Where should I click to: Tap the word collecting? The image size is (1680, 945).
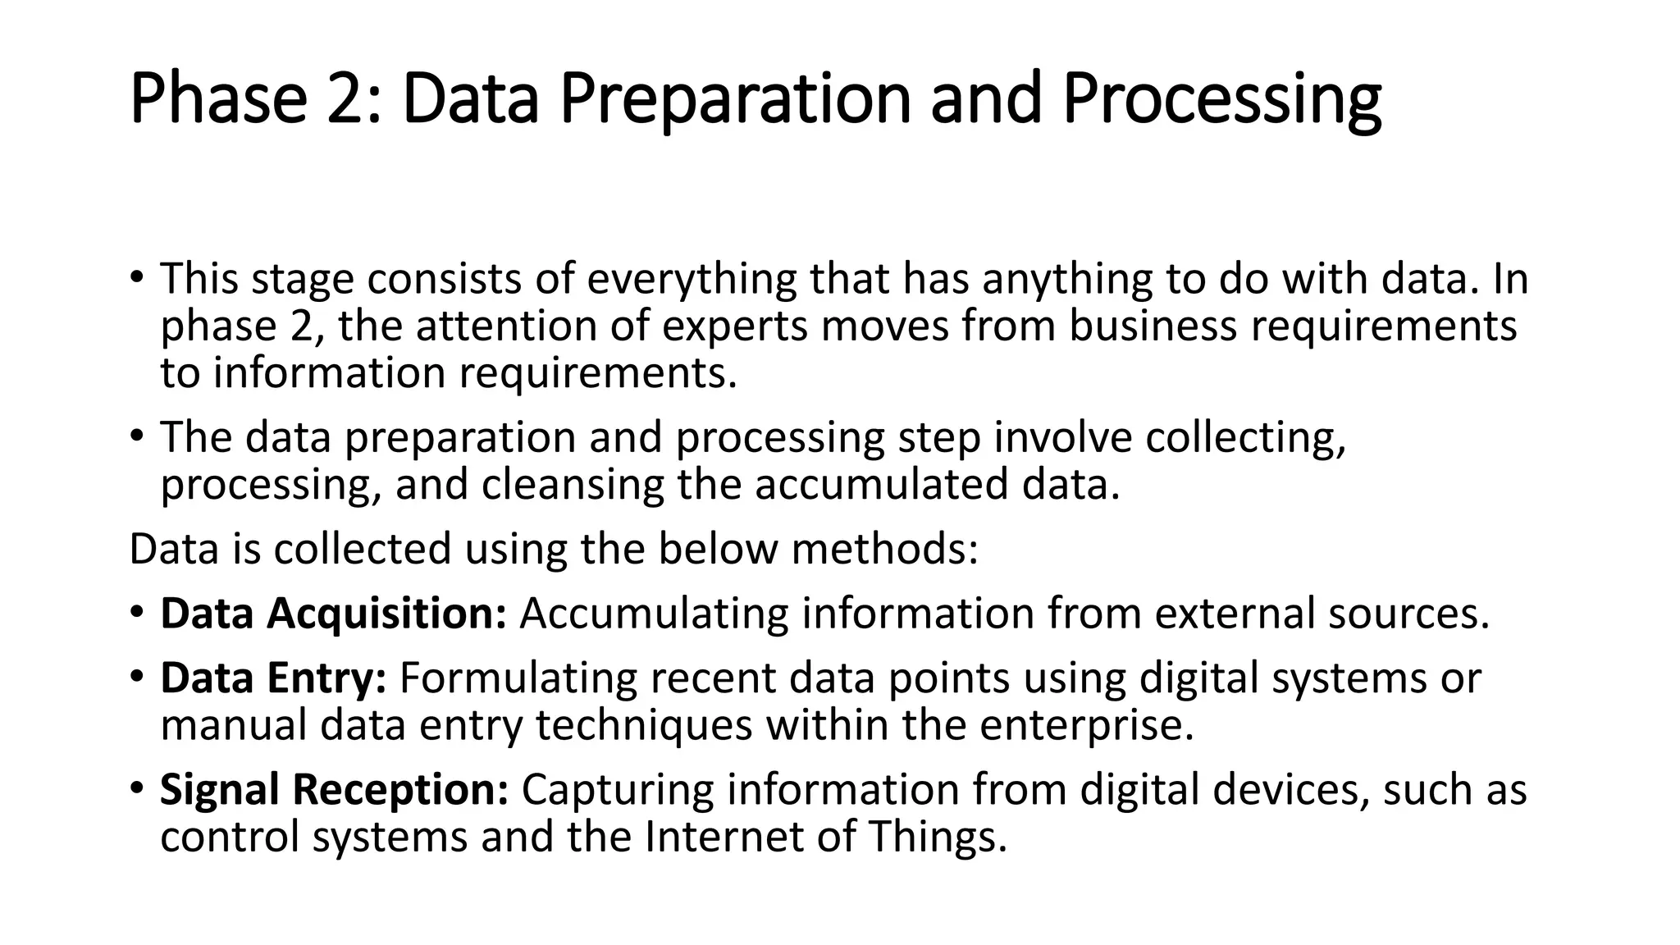1245,437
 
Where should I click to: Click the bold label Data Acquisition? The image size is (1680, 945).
333,613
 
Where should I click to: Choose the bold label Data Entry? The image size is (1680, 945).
273,678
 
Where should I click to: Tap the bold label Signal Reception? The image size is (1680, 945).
334,789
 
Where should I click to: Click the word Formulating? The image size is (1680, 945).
518,678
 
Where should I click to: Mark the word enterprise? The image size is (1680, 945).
1086,724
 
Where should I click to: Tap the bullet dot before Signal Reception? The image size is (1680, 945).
136,788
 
